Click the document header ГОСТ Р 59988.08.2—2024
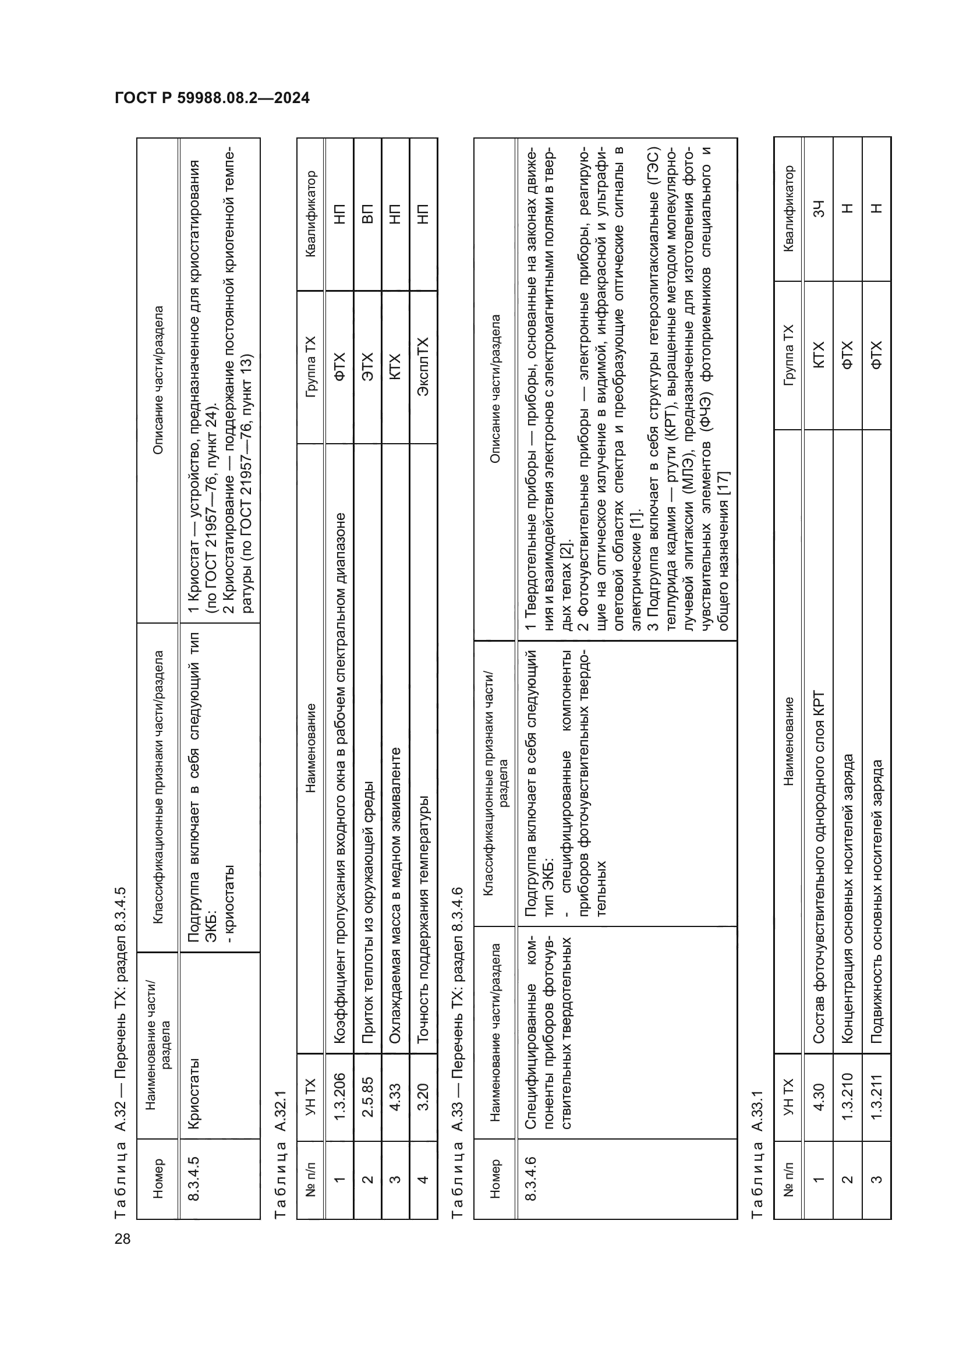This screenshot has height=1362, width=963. (213, 98)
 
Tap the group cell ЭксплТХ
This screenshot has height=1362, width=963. (423, 367)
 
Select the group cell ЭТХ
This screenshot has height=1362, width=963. (367, 367)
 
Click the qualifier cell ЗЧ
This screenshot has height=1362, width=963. (818, 209)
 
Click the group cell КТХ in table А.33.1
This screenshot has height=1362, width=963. (818, 355)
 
